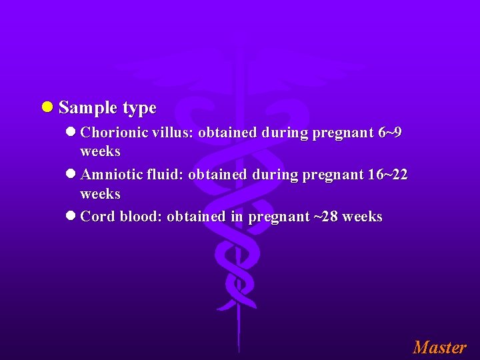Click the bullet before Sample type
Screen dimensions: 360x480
pos(48,107)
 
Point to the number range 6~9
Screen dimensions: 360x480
pos(389,133)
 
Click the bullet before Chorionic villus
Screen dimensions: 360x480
pos(71,133)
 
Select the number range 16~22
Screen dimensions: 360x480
pos(387,175)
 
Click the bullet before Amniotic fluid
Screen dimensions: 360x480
pos(71,175)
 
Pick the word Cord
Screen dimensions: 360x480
pos(97,217)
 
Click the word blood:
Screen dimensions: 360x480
pos(141,217)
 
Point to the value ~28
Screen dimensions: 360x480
pos(325,217)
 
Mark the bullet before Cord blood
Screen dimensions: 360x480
pos(71,217)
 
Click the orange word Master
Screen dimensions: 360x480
pos(439,347)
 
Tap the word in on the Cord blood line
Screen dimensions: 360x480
pos(237,217)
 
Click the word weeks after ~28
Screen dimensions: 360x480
pos(362,217)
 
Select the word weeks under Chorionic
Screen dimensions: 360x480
pos(100,151)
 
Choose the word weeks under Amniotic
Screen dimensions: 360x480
pos(100,194)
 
